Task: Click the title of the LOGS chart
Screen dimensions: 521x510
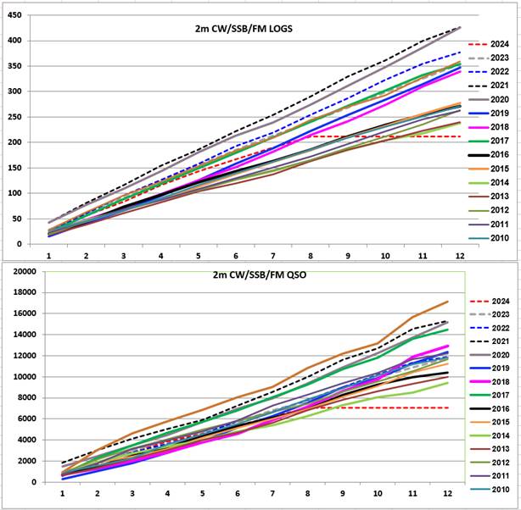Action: coord(244,29)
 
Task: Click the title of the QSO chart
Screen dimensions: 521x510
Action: coord(260,275)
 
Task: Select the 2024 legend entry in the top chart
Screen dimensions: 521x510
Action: coord(489,44)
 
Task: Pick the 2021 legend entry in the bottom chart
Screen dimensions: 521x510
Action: coord(489,341)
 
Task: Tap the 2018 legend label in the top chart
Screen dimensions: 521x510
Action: coord(500,127)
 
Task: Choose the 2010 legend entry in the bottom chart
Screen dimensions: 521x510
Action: coord(489,490)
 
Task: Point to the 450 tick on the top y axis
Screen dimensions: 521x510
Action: coord(15,15)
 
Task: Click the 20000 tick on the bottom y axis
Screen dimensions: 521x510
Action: coord(25,272)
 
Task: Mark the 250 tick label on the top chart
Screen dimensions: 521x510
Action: coord(15,117)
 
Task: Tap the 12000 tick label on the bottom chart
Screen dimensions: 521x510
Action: coord(25,356)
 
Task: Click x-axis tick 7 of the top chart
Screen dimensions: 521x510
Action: coord(272,256)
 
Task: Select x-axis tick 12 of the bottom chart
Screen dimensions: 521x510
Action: coord(447,493)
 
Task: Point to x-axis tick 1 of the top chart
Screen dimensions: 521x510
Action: coord(49,256)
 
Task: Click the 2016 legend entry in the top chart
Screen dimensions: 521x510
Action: coord(489,155)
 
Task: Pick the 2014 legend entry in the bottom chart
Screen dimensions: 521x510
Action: coord(489,435)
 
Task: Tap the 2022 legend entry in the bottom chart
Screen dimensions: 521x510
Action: coord(489,328)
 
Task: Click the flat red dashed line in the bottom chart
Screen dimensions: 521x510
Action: coord(384,407)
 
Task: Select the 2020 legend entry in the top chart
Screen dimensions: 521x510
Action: coord(489,100)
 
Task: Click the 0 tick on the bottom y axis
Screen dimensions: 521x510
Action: coord(33,482)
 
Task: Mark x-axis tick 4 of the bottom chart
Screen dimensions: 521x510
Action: coord(167,493)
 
